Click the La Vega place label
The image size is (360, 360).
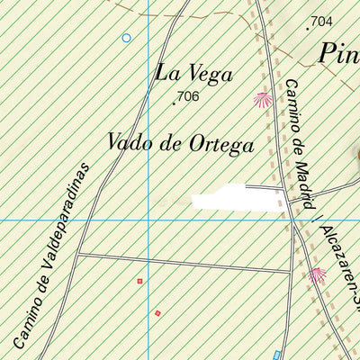[194, 73]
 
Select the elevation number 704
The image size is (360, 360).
[320, 21]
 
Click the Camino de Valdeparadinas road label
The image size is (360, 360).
[53, 256]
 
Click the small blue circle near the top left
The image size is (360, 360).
[126, 38]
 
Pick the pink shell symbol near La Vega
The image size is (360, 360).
[263, 100]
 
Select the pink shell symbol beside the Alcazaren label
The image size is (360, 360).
[317, 275]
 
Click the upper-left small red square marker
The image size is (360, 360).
[139, 281]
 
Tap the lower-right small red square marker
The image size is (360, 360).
[157, 313]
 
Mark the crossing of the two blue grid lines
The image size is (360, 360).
[149, 220]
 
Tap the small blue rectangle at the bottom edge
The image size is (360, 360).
[277, 355]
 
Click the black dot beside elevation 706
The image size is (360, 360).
[174, 103]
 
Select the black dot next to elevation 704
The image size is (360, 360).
[308, 28]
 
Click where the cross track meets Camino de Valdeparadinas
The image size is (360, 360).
[77, 254]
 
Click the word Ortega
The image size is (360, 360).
[221, 144]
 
